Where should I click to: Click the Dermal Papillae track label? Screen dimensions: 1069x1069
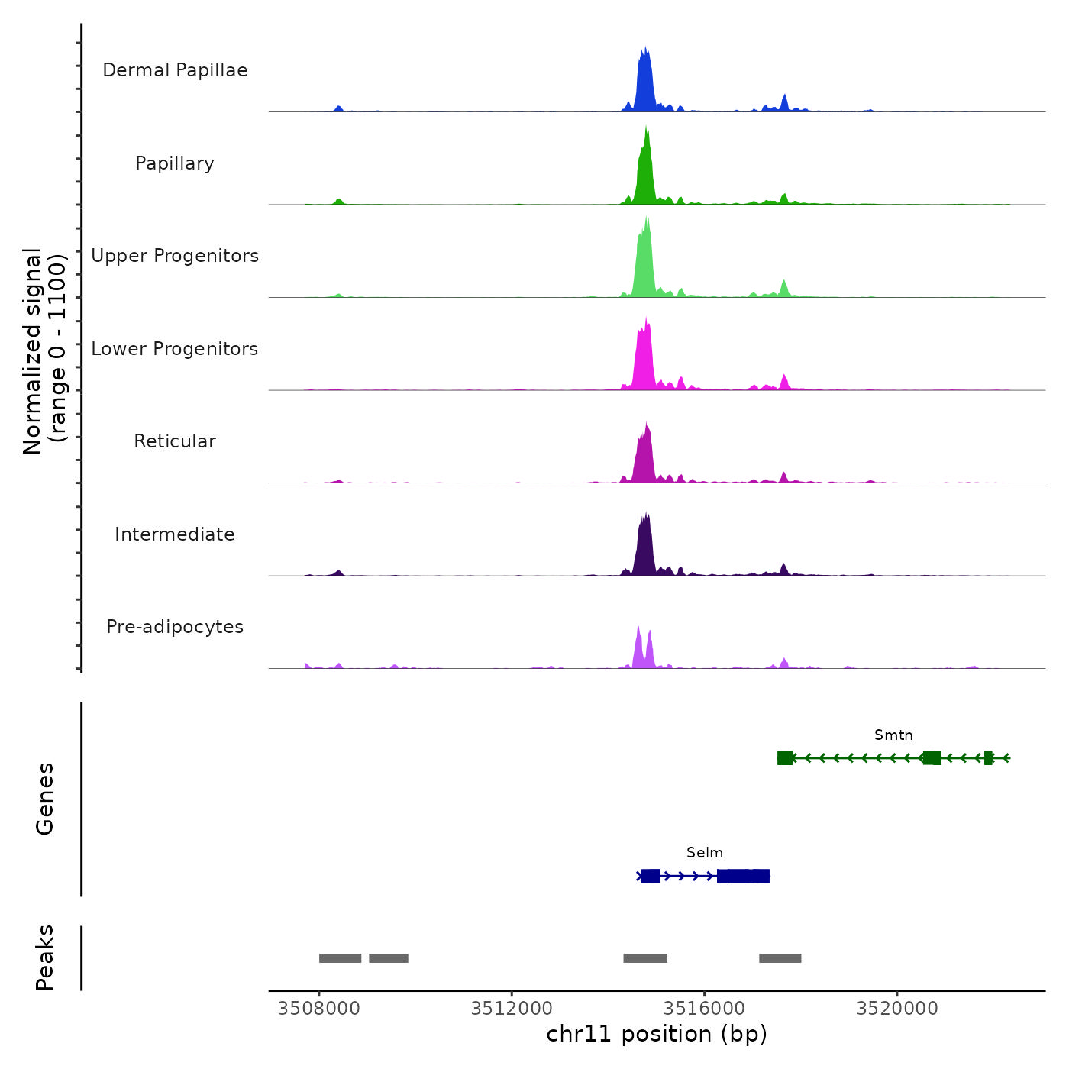(175, 70)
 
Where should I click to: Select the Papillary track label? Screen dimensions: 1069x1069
(175, 163)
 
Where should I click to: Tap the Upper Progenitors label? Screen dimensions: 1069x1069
(175, 256)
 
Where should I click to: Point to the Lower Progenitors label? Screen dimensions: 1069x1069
(175, 349)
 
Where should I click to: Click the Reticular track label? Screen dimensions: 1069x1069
(175, 441)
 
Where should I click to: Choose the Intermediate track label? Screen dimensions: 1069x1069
(175, 534)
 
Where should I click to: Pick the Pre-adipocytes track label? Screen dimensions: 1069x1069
(175, 627)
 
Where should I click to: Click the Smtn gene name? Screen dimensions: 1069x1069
(893, 735)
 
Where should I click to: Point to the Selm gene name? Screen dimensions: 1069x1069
(704, 853)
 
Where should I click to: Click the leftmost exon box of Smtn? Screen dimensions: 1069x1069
(784, 758)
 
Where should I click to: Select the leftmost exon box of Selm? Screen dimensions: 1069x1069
(650, 876)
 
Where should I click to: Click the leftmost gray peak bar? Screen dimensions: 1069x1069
(340, 958)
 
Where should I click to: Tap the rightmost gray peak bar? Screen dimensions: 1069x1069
(780, 958)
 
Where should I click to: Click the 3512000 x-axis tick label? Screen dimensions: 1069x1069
(512, 1009)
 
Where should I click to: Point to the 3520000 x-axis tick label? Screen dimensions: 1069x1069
(897, 1009)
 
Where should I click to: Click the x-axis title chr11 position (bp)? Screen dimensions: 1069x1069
(657, 1035)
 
